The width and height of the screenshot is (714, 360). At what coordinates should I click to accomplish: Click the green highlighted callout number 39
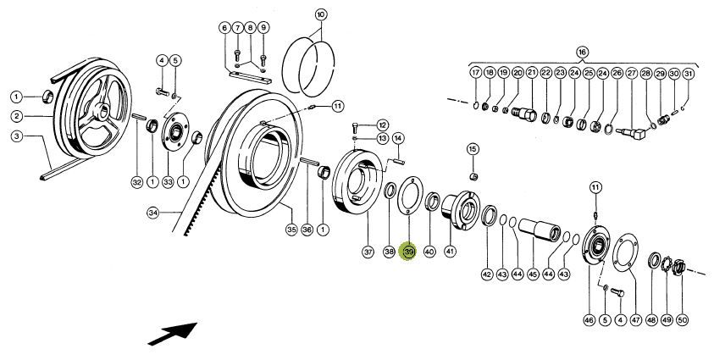(x=408, y=252)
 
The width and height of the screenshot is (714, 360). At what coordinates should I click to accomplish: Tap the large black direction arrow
(x=172, y=334)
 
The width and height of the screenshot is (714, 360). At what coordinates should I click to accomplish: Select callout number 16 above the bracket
(x=583, y=52)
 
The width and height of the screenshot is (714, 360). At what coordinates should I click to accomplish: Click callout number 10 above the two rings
(x=320, y=14)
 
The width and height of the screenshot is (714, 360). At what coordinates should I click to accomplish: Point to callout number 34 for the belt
(x=154, y=212)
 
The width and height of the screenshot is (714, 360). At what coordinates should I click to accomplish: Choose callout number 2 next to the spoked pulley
(x=16, y=117)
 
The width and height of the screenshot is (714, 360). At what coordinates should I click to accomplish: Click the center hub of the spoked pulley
(x=101, y=109)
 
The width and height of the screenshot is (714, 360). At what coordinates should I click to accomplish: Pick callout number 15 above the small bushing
(x=473, y=149)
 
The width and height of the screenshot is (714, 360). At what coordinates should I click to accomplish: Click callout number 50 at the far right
(x=682, y=320)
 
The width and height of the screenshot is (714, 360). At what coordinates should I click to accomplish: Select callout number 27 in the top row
(x=632, y=73)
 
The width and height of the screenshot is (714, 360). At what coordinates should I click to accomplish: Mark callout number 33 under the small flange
(x=168, y=182)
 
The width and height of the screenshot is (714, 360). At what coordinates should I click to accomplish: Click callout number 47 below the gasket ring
(x=636, y=320)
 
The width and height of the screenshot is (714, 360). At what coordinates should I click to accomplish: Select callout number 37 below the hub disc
(x=368, y=252)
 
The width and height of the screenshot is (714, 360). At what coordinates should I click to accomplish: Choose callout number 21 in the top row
(x=532, y=72)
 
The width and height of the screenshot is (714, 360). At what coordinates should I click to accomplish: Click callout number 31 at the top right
(x=689, y=74)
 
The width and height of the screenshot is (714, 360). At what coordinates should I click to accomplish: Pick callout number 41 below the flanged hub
(x=450, y=251)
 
